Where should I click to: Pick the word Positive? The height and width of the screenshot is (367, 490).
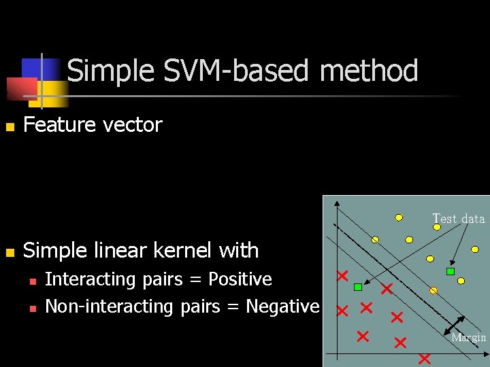pos(240,279)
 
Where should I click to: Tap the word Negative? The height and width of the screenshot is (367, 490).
pos(282,307)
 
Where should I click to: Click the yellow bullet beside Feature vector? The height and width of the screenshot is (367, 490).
pos(10,127)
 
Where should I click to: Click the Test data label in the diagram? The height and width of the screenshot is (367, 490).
pos(459,219)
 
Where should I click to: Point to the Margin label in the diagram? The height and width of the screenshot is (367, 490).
pos(469,338)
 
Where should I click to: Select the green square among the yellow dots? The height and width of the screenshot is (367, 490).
pos(450,272)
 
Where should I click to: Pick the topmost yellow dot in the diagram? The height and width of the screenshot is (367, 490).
pos(399,218)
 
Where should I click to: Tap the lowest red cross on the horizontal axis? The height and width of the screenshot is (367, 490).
pos(425,357)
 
